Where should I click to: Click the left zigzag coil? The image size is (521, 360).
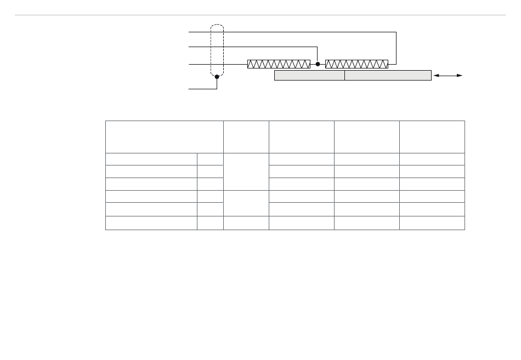pos(279,64)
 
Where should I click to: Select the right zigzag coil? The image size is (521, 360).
pos(356,64)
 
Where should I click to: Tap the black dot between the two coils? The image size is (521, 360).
pos(318,64)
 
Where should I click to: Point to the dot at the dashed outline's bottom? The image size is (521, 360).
pos(217,77)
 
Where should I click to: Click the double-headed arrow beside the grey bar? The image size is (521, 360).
pos(449,75)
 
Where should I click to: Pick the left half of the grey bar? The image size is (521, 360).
pos(309,75)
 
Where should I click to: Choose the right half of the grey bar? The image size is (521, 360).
pos(388,75)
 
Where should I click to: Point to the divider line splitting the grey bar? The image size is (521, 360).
pos(344,75)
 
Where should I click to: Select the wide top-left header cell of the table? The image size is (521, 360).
pos(165,137)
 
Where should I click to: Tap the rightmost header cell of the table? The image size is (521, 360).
pos(432,137)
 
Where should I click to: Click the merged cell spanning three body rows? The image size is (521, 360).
pos(246,172)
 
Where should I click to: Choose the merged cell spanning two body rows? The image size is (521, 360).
pos(246,203)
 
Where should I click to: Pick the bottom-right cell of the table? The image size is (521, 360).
pos(432,223)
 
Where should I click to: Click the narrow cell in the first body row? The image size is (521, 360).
pos(210,159)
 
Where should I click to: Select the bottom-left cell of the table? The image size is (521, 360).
pos(151,223)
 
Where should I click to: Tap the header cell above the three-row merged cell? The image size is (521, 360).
pos(246,137)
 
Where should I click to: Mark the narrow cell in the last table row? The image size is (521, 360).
pos(210,223)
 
